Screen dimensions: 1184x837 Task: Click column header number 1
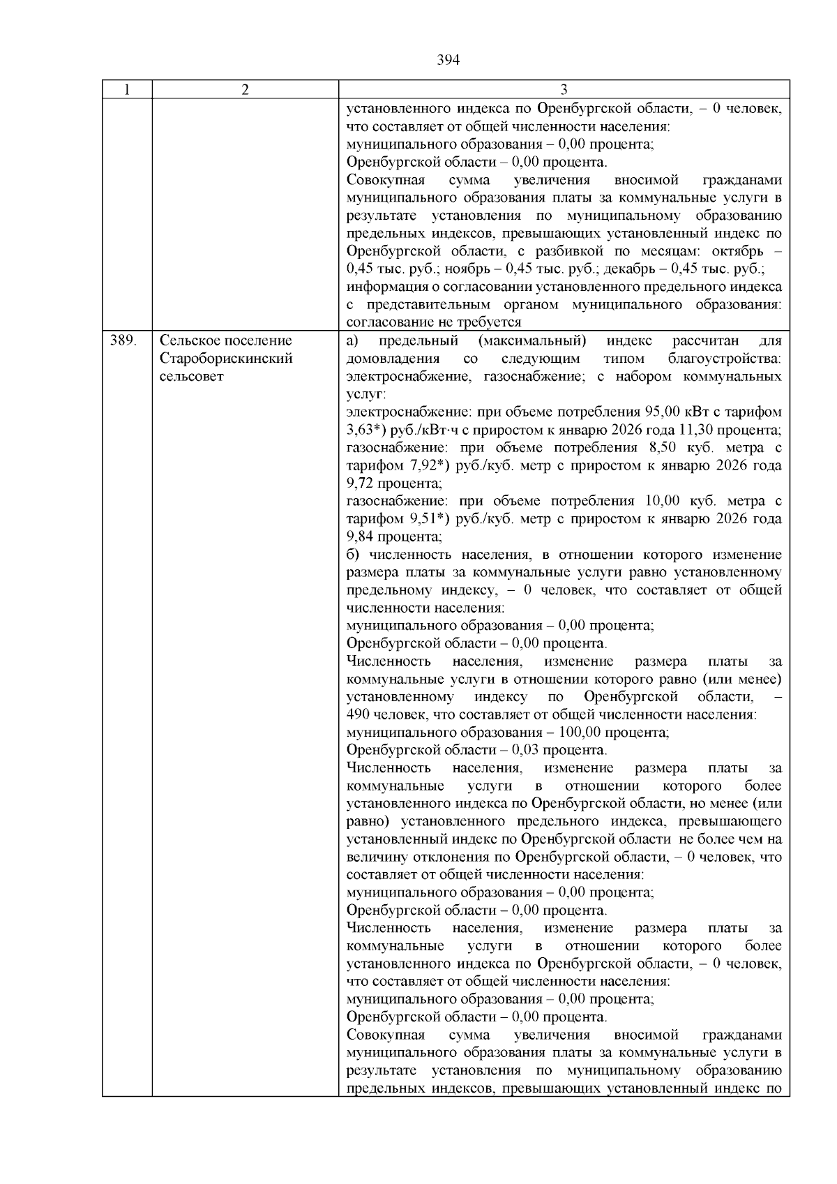(127, 90)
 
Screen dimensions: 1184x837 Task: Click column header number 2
(246, 90)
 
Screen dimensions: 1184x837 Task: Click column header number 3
(564, 90)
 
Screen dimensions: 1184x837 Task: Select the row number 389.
(122, 341)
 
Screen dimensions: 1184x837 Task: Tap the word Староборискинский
(226, 359)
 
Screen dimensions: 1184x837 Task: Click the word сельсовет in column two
(192, 377)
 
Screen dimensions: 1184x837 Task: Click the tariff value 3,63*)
(367, 430)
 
